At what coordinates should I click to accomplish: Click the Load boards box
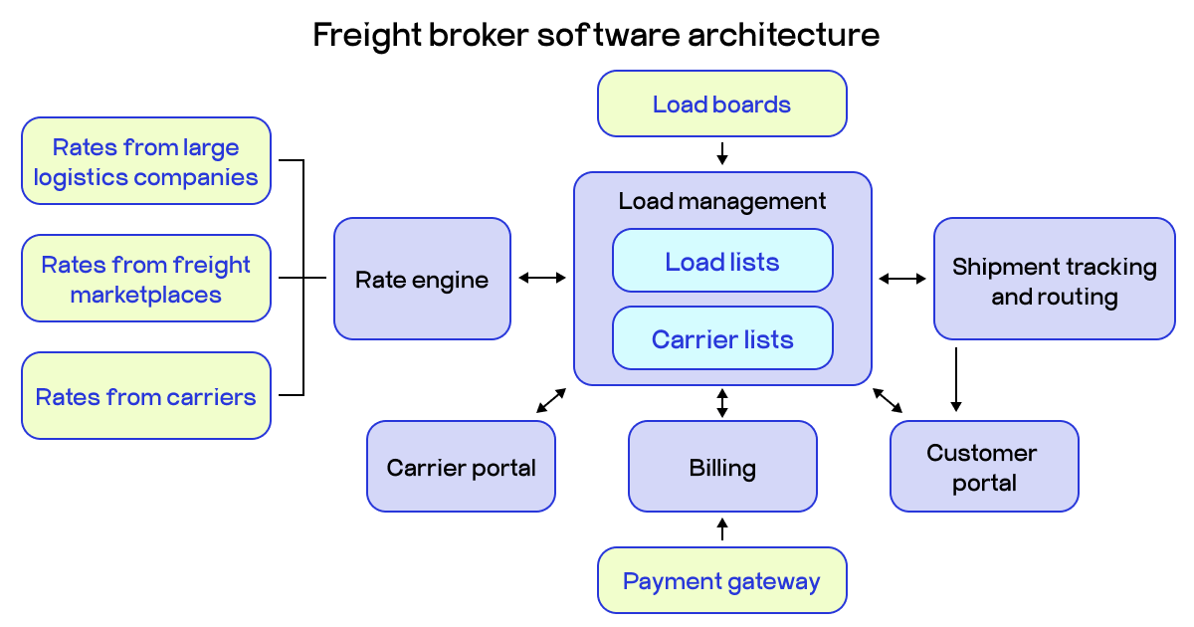[721, 104]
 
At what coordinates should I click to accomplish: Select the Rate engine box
[422, 279]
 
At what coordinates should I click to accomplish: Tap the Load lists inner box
[722, 261]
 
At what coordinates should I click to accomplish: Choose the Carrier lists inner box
[722, 338]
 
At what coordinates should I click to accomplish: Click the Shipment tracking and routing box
[1054, 280]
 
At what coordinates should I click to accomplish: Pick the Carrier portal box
[461, 467]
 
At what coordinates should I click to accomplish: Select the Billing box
[722, 467]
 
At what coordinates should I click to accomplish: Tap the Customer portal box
[983, 467]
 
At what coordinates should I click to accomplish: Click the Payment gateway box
[721, 580]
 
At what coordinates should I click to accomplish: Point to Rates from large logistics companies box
[145, 161]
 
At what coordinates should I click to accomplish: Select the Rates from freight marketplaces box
[145, 279]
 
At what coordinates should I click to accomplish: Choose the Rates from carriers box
[145, 396]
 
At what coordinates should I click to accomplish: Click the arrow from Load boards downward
[722, 153]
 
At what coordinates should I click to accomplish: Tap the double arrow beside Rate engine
[541, 278]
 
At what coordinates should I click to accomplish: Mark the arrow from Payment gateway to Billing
[722, 528]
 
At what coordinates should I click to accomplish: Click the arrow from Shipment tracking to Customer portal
[955, 379]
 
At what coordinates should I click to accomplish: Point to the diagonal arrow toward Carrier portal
[551, 400]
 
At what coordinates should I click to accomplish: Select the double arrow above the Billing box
[722, 403]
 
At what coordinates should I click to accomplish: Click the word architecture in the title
[782, 35]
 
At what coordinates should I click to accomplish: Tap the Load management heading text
[722, 201]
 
